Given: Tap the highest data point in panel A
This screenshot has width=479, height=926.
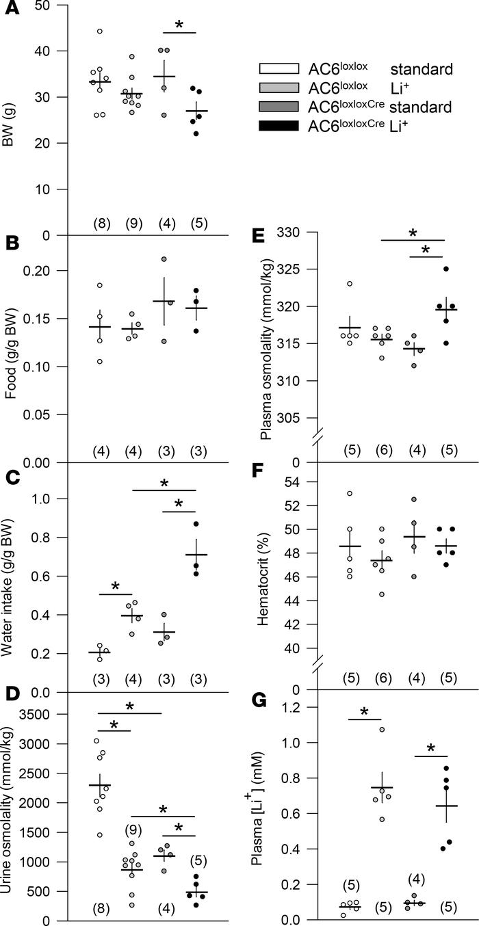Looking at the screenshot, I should [x=99, y=31].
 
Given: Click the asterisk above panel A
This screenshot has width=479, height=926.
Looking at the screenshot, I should [x=179, y=25].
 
